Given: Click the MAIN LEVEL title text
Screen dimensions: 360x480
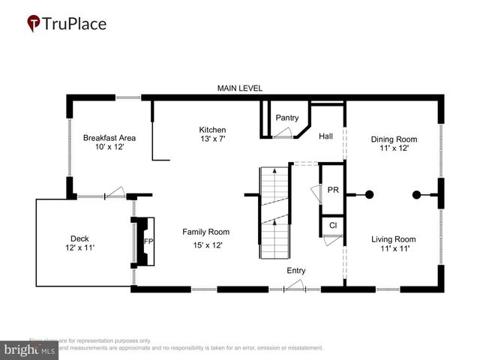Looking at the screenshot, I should [239, 88].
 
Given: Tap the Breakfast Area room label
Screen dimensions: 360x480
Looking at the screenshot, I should [109, 137].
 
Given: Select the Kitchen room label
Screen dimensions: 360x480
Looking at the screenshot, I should [212, 129].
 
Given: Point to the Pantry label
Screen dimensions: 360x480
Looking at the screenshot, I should [286, 118].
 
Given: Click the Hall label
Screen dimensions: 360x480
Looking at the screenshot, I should [325, 136].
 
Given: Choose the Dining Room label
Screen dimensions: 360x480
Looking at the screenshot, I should [394, 139].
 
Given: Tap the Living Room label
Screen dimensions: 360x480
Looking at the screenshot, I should [394, 239].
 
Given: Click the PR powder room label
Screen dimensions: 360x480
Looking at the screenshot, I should [333, 190].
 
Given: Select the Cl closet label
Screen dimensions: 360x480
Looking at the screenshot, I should [333, 224].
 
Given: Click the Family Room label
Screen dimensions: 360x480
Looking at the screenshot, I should [205, 232].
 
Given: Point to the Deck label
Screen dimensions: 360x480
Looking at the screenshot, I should [79, 238].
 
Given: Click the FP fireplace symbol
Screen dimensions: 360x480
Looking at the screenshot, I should [148, 241].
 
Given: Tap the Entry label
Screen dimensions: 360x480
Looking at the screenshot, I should [295, 271].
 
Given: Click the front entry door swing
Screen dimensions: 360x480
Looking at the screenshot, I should [294, 286].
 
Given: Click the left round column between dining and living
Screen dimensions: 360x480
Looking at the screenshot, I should [369, 195].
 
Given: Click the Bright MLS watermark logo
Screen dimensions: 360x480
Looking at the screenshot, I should [30, 349].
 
